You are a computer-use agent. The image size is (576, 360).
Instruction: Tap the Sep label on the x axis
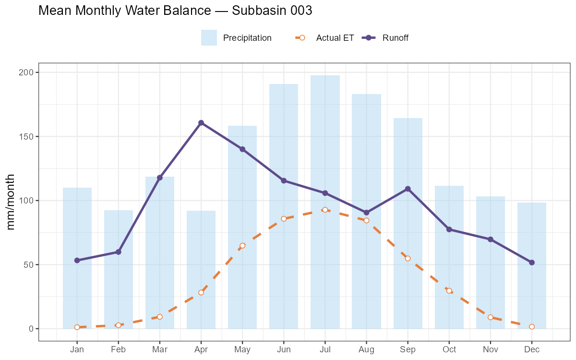[408, 349]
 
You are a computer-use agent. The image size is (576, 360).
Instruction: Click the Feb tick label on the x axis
[118, 349]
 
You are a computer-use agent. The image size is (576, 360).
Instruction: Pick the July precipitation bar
[325, 202]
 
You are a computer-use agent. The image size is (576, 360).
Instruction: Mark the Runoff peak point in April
[201, 123]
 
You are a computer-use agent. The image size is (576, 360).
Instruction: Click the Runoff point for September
[408, 189]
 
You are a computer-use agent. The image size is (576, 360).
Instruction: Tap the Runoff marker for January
[77, 260]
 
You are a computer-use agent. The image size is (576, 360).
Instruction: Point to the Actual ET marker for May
[242, 245]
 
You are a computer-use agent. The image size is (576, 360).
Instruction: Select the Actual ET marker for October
[449, 290]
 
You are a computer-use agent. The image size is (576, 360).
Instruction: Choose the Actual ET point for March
[160, 317]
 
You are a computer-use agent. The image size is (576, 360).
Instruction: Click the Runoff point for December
[532, 263]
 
